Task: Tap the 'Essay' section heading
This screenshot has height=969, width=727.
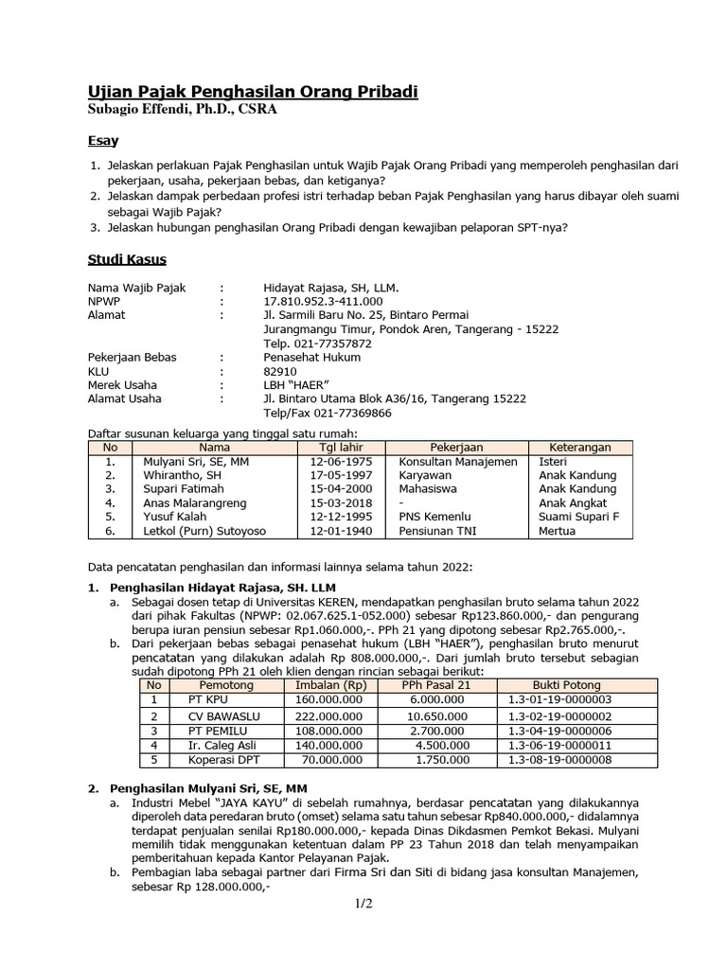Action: (103, 141)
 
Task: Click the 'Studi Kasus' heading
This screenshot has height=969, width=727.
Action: (127, 259)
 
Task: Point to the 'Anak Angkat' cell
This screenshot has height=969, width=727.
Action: (576, 503)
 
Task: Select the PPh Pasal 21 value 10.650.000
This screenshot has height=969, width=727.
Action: (435, 715)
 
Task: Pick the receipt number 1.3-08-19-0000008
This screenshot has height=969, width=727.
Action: (559, 760)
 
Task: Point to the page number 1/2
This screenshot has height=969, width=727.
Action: (363, 904)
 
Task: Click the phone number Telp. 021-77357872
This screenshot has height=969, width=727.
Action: (317, 343)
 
